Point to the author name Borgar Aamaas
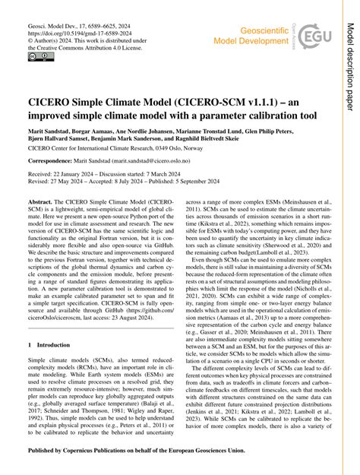[x=105, y=131]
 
